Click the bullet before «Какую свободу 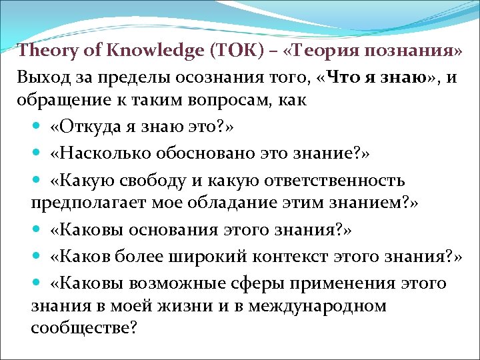(x=39, y=181)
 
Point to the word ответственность (x=347, y=179)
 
